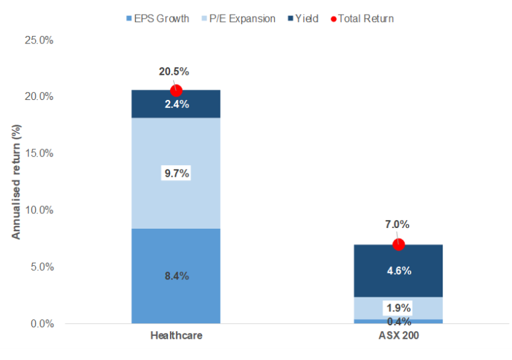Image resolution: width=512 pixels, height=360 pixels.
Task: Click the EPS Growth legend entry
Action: pyautogui.click(x=157, y=18)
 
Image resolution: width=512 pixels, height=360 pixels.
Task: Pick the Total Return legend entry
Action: pyautogui.click(x=365, y=18)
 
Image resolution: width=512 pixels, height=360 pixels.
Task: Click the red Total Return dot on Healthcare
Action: pyautogui.click(x=176, y=91)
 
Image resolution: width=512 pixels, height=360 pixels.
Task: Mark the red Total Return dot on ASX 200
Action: pyautogui.click(x=399, y=245)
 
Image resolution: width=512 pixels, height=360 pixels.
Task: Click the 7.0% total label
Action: pyautogui.click(x=399, y=225)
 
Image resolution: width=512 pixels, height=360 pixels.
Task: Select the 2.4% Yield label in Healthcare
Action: pyautogui.click(x=177, y=104)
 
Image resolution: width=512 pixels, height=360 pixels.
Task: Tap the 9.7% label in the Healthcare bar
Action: pyautogui.click(x=177, y=173)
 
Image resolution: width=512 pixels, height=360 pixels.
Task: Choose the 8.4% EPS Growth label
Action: pyautogui.click(x=177, y=275)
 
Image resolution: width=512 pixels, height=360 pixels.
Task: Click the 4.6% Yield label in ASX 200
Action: pyautogui.click(x=399, y=271)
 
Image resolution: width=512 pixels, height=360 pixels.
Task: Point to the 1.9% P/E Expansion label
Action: pyautogui.click(x=399, y=308)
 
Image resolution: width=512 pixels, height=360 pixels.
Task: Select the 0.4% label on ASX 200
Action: pyautogui.click(x=399, y=322)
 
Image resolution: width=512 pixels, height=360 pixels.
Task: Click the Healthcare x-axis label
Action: pyautogui.click(x=176, y=336)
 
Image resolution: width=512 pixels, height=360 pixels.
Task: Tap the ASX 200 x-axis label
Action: pyautogui.click(x=398, y=336)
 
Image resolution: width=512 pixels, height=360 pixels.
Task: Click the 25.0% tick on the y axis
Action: pyautogui.click(x=39, y=40)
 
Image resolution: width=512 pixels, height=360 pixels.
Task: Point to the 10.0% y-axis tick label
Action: pyautogui.click(x=39, y=210)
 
